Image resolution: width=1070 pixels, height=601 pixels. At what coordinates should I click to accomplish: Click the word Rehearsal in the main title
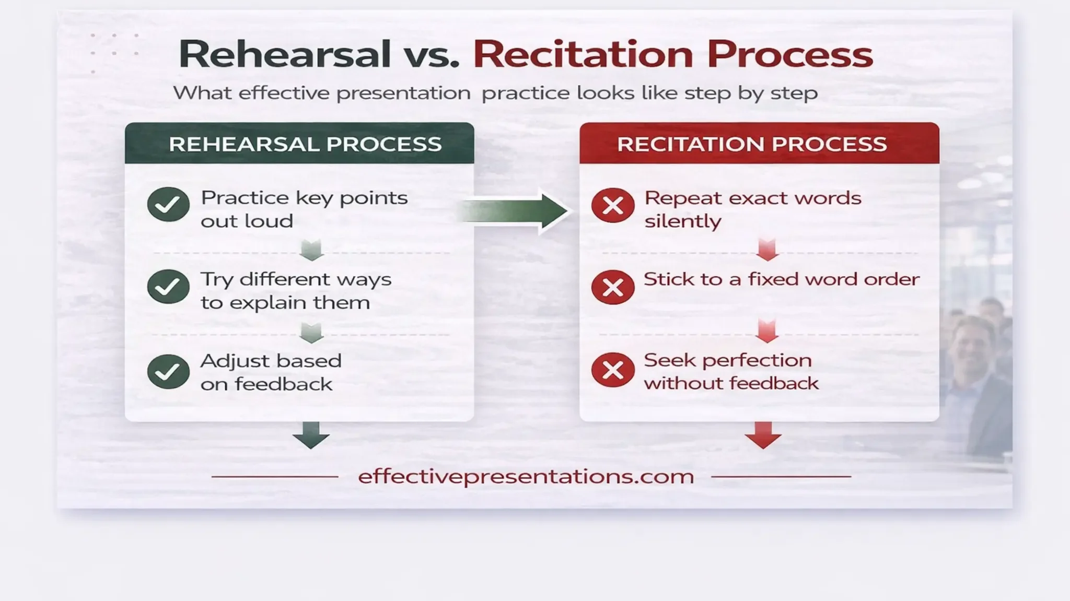point(285,54)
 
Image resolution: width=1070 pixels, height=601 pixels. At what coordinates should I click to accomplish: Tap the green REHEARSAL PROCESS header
point(305,144)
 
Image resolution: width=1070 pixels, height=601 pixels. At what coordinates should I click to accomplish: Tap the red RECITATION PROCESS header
point(752,144)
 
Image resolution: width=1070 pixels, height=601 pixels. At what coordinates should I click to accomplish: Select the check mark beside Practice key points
point(168,205)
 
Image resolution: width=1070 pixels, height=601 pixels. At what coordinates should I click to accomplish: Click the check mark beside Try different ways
point(168,287)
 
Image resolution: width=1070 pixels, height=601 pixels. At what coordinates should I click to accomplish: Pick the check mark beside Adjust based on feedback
point(168,371)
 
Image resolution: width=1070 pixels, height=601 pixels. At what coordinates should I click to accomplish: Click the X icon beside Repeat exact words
point(613,205)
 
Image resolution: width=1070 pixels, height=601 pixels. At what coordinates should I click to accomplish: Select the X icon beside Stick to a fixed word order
point(613,287)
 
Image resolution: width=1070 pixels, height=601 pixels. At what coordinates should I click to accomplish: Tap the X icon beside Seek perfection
point(613,370)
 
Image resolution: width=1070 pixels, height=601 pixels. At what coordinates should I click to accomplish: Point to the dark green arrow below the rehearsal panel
point(311,435)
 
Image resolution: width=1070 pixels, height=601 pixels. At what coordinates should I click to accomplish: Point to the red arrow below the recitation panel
point(763,435)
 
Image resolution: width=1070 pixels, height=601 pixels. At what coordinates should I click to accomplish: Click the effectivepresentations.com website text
point(526,476)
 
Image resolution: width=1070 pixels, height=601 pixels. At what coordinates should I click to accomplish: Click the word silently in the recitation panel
point(682,221)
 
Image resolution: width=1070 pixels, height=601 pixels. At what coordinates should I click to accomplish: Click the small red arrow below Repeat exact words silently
point(767,250)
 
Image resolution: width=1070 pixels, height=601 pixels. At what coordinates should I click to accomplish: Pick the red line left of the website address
point(275,477)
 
